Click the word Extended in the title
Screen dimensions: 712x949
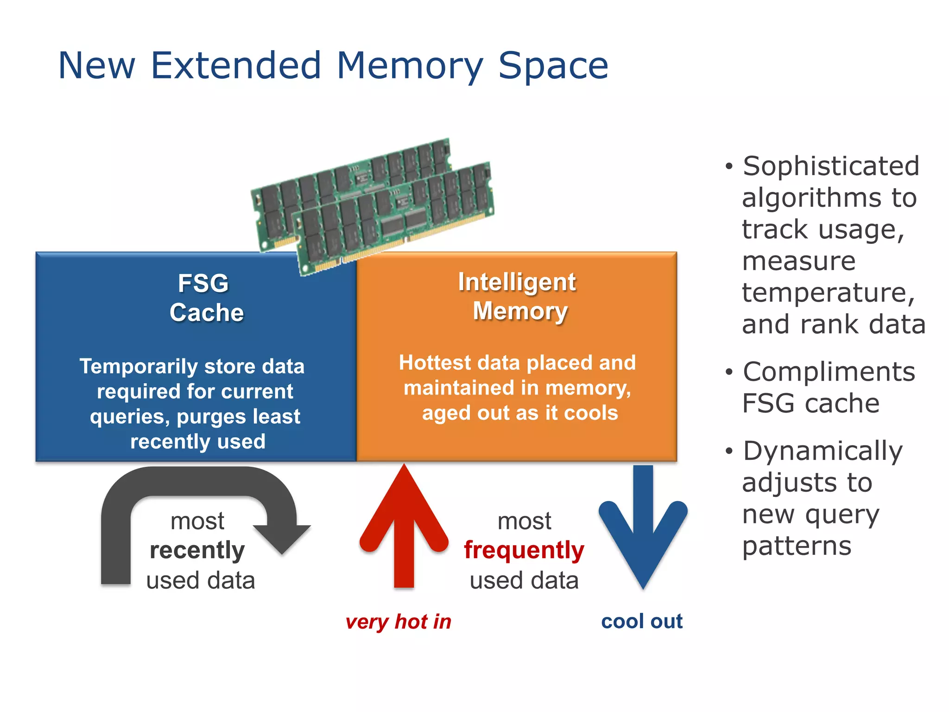click(x=236, y=65)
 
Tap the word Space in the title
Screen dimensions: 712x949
click(x=553, y=65)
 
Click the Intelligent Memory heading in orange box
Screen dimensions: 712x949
click(x=519, y=297)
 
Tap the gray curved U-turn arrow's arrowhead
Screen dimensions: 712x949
click(x=282, y=538)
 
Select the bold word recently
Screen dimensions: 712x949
click(x=197, y=550)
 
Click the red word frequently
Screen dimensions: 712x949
click(x=524, y=550)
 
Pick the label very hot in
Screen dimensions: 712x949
click(x=399, y=622)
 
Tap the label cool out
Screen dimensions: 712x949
click(x=642, y=621)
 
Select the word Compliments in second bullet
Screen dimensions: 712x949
click(x=829, y=372)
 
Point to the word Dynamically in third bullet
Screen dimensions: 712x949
click(x=823, y=451)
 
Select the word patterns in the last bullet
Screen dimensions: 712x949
click(x=797, y=546)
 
